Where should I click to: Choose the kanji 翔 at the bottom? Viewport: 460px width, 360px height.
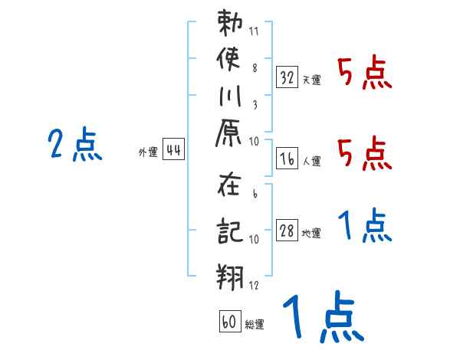231,275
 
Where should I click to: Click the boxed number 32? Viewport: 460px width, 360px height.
287,77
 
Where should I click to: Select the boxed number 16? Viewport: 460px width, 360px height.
287,159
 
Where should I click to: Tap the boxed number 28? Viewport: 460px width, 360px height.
287,231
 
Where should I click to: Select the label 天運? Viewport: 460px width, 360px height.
311,80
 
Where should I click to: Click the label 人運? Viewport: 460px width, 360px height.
311,161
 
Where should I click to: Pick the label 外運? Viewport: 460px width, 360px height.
148,152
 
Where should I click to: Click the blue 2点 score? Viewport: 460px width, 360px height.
74,144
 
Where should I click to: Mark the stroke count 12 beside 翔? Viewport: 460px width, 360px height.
254,285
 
